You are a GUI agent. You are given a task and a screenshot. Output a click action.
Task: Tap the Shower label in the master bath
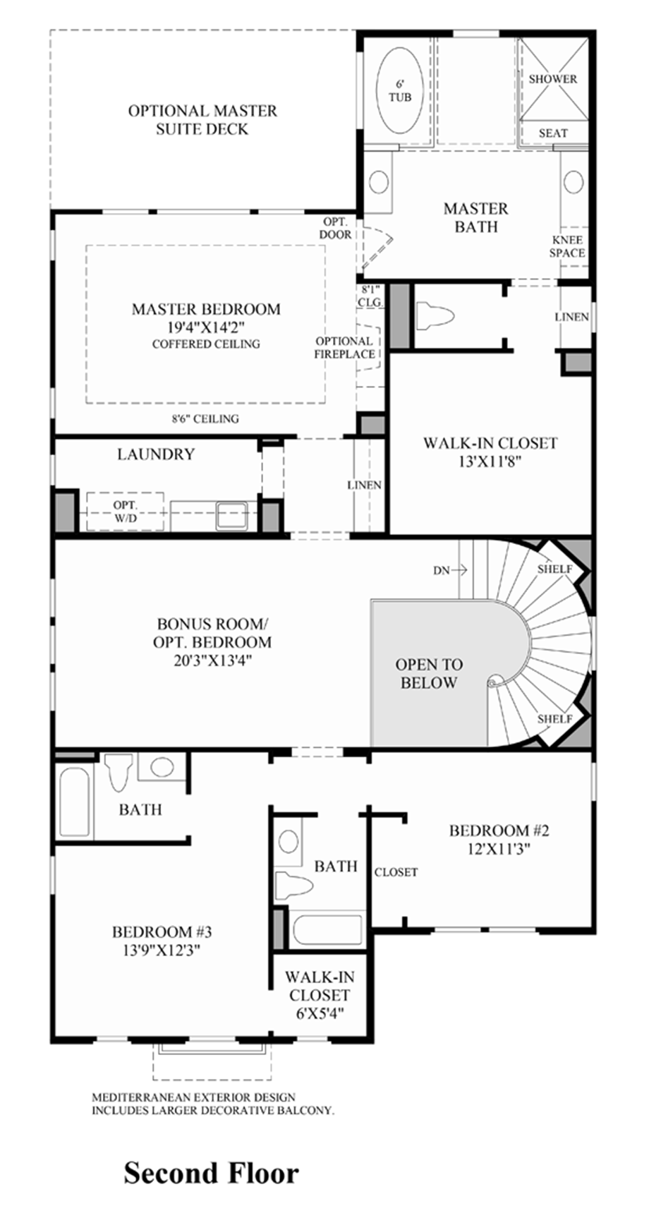point(552,79)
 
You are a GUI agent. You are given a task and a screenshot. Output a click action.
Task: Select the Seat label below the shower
point(553,133)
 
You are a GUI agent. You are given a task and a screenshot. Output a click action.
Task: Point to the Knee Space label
point(567,246)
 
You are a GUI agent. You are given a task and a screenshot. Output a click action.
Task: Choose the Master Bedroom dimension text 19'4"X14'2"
point(206,327)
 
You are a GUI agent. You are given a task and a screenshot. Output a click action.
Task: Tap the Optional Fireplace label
point(344,347)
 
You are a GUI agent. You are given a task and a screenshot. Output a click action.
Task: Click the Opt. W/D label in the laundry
point(125,512)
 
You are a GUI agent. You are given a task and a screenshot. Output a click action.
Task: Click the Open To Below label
point(429,673)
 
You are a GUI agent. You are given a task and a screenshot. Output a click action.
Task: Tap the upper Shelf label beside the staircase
point(554,569)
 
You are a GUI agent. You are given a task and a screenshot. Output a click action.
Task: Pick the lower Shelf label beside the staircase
point(554,718)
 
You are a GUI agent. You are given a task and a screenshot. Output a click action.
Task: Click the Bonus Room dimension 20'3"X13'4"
point(212,660)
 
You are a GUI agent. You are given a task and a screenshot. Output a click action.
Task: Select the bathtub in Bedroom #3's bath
point(73,802)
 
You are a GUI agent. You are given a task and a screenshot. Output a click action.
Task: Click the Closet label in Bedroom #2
point(396,872)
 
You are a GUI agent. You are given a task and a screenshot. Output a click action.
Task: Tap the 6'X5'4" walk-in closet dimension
point(319,1014)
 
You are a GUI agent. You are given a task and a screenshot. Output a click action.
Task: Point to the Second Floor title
point(211,1173)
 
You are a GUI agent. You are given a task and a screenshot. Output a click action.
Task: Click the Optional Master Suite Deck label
point(202,120)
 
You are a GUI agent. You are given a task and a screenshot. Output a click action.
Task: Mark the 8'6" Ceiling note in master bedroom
point(206,418)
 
